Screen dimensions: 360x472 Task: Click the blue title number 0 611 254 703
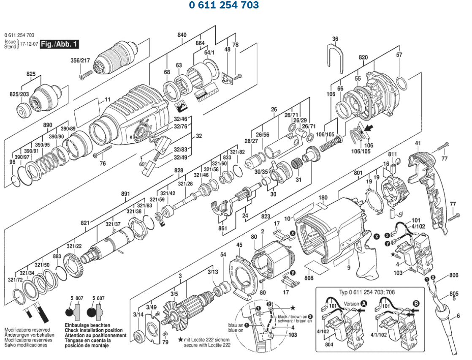(224, 5)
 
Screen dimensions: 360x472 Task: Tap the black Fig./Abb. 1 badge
(59, 44)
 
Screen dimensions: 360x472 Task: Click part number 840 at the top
(182, 35)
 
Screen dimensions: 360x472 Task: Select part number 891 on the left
(125, 194)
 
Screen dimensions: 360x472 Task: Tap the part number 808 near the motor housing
(309, 278)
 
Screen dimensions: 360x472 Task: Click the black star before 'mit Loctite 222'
(180, 339)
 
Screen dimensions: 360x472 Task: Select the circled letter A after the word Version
(364, 303)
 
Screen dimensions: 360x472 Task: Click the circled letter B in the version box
(416, 303)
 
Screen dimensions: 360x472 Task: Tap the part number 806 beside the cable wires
(453, 275)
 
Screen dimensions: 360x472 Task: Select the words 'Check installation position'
(93, 330)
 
